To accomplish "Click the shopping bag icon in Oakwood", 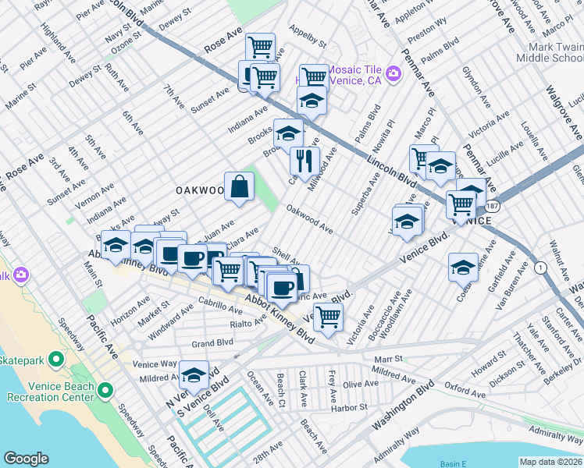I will [x=240, y=186].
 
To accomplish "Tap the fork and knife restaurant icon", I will [x=303, y=161].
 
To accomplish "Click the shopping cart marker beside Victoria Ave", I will [x=329, y=317].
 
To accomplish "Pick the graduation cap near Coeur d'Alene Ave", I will [x=463, y=267].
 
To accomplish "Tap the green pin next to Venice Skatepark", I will [x=55, y=360].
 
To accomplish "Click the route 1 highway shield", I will [x=541, y=268].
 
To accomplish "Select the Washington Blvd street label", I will [x=404, y=405].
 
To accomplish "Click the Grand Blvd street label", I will [x=213, y=343].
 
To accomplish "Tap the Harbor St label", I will [x=348, y=407].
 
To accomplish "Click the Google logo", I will [x=26, y=459].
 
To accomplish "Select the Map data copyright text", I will [x=550, y=462].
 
